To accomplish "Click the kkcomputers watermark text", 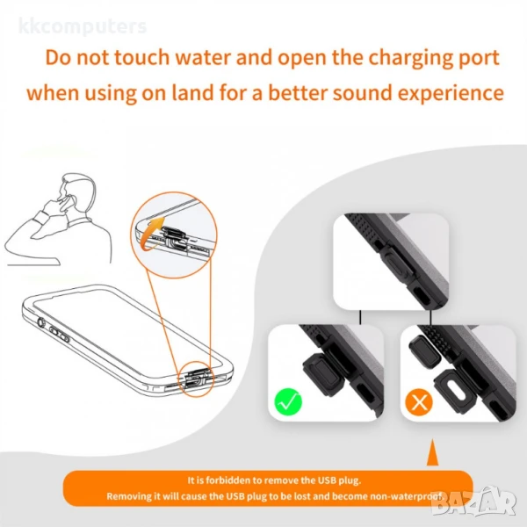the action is (x=83, y=26).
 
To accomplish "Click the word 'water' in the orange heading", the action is (x=203, y=57).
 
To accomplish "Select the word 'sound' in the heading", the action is (x=363, y=93).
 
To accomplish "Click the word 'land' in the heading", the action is (x=192, y=92).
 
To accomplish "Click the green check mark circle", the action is (x=288, y=401).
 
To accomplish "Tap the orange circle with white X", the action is (x=419, y=402).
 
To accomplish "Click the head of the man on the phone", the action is (x=76, y=191).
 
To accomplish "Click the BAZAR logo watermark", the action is (x=474, y=502).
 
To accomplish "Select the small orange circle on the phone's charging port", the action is (x=195, y=379).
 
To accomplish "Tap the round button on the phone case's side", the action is (x=41, y=323).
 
